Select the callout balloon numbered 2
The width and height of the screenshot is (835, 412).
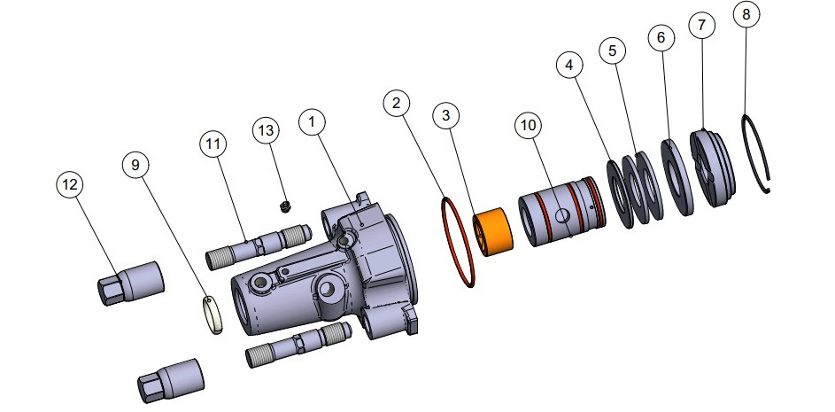tap(397, 104)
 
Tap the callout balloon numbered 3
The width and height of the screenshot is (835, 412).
tap(446, 115)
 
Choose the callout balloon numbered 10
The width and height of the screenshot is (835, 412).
tap(528, 127)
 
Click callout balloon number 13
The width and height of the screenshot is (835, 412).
tap(267, 130)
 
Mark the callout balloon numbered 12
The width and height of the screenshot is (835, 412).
tap(70, 184)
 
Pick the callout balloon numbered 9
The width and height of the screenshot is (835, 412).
tap(135, 164)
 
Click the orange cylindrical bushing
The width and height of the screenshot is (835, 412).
tap(494, 232)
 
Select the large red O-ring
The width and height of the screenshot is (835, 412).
tap(459, 242)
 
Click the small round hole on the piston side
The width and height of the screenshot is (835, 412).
tap(563, 215)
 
